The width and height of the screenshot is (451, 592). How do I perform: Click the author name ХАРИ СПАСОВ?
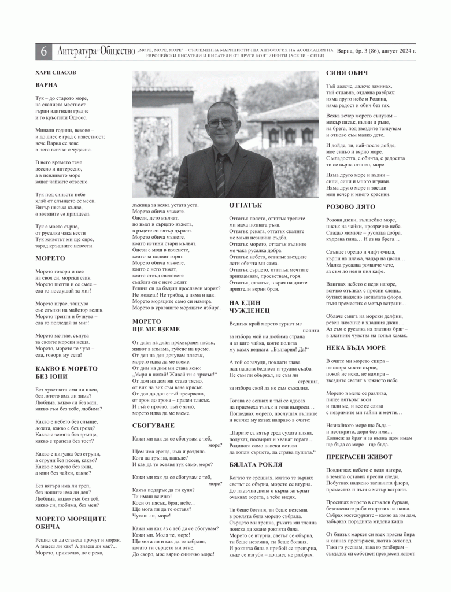point(55,73)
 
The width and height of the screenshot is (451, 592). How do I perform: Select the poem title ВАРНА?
point(46,86)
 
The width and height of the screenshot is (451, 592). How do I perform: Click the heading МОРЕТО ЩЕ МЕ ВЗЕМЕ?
point(156,324)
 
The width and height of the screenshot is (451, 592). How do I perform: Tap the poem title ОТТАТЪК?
point(246,205)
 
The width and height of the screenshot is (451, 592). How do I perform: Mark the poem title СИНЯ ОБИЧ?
point(347,73)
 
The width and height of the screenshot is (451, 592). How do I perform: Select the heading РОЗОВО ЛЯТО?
point(352,206)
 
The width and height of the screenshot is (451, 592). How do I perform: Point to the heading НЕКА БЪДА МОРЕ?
point(356,347)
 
